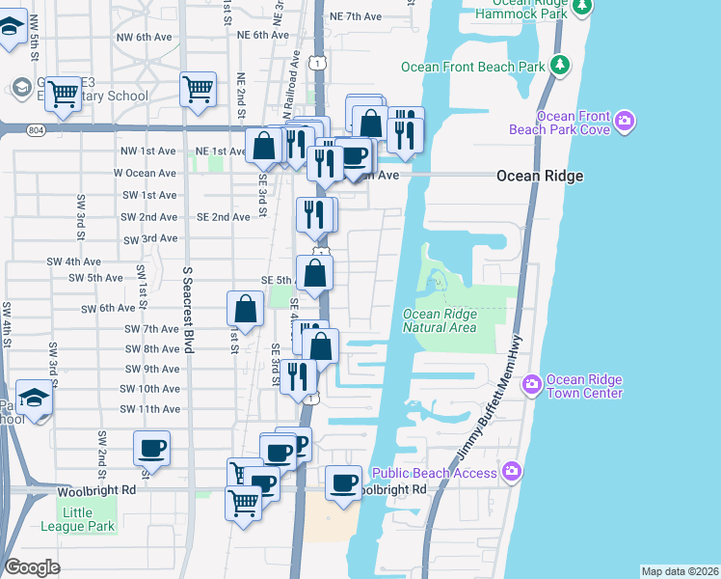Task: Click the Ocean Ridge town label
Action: click(x=539, y=176)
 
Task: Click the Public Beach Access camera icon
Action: click(x=512, y=472)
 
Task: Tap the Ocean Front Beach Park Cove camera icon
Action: click(x=626, y=121)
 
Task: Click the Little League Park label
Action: click(x=78, y=519)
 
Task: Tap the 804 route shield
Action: click(x=37, y=130)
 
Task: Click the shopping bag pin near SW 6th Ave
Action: click(x=246, y=310)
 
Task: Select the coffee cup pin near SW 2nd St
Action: click(x=151, y=449)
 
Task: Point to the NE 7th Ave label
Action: click(x=356, y=16)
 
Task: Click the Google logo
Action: click(x=33, y=566)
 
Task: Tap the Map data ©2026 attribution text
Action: click(x=679, y=571)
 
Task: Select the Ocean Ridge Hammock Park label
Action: click(x=521, y=11)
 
